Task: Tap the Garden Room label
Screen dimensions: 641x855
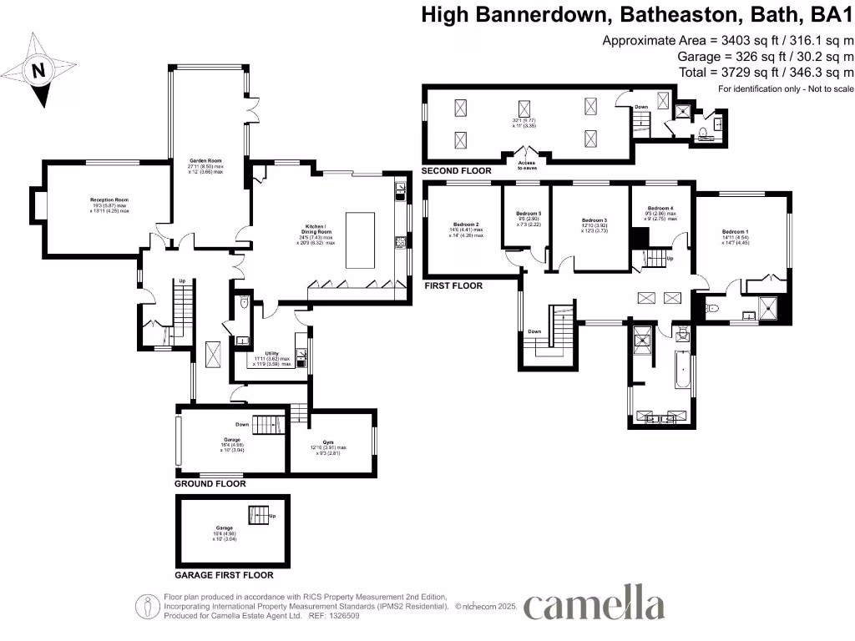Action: coord(205,163)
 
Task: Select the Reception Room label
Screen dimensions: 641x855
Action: coord(109,200)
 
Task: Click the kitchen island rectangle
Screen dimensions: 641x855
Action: coord(361,240)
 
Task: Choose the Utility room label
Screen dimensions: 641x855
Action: coord(271,354)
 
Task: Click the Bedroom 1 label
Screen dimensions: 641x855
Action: coord(736,231)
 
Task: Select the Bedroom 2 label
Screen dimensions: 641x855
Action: coord(466,225)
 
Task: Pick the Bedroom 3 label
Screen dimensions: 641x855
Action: coord(594,220)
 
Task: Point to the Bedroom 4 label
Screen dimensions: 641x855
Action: coord(660,208)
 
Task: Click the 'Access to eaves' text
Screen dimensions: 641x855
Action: coord(527,164)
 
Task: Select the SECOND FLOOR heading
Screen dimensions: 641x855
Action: coord(457,171)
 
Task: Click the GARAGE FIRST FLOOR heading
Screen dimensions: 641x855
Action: coord(224,575)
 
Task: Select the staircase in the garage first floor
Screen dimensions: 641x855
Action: coord(259,515)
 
